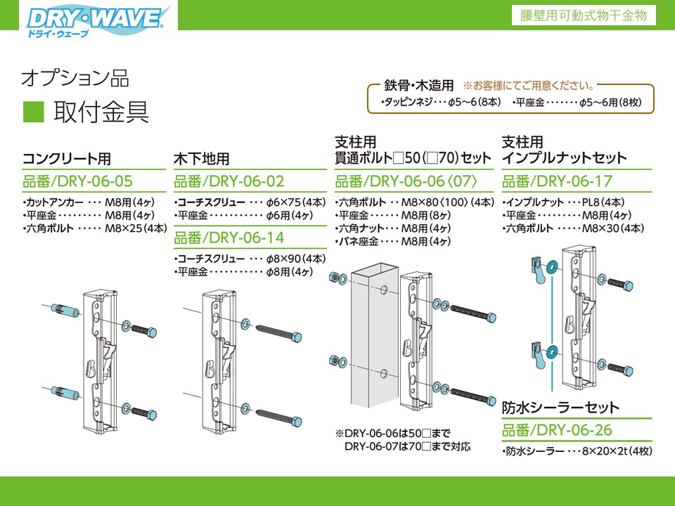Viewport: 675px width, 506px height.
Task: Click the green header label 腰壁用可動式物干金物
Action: (585, 15)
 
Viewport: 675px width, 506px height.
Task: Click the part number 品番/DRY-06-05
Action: (77, 181)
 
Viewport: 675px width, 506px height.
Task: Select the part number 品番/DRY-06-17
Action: (557, 181)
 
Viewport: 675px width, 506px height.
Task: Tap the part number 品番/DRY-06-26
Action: (557, 429)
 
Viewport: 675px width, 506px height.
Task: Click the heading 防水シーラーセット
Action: (560, 408)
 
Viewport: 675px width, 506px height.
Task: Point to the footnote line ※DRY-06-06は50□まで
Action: (392, 432)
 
